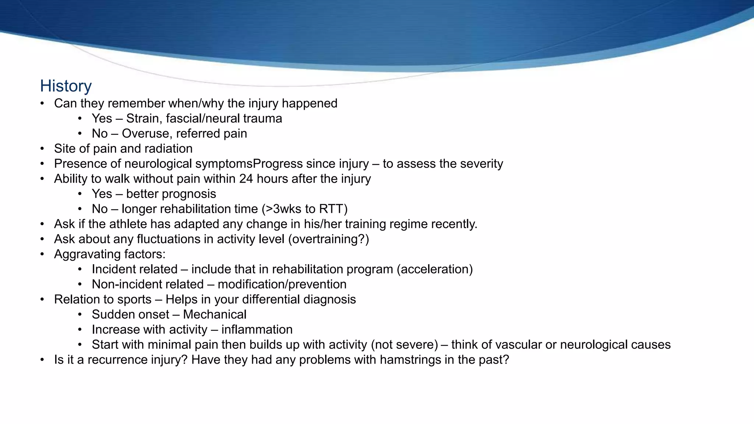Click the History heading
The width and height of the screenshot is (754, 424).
[66, 86]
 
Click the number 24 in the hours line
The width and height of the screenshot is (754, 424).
[246, 179]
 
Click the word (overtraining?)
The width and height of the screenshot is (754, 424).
[328, 239]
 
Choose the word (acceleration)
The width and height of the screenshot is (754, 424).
[434, 269]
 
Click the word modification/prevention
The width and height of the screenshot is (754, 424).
[282, 285]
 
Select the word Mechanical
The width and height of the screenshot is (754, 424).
[215, 315]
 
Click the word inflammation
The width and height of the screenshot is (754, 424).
[257, 330]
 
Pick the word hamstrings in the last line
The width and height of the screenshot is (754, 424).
[411, 360]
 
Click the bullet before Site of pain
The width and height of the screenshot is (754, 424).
[42, 149]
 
